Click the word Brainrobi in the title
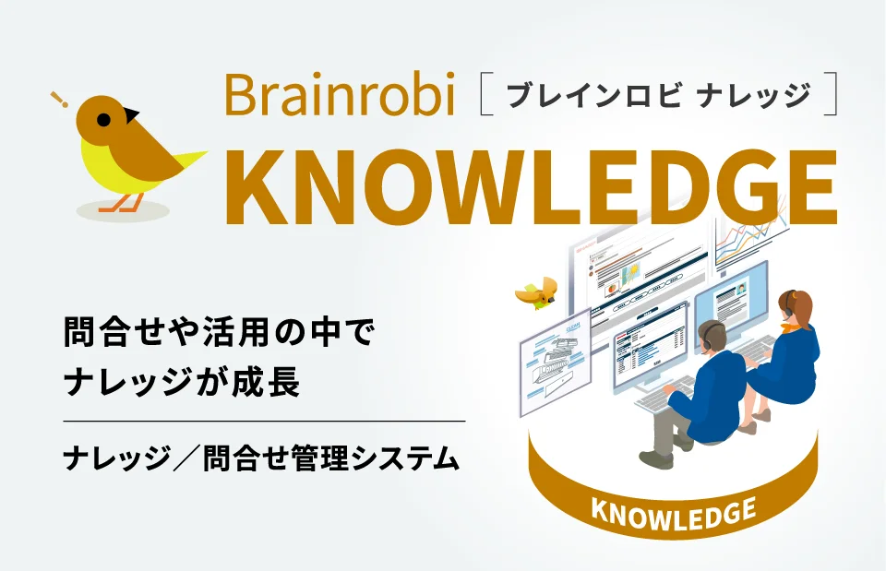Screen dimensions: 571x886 click(x=340, y=95)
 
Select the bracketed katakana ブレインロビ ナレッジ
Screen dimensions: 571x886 click(x=658, y=95)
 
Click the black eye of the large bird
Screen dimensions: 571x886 click(x=103, y=119)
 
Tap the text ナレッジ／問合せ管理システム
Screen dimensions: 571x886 click(x=261, y=456)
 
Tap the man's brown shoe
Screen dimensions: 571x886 click(x=656, y=458)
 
